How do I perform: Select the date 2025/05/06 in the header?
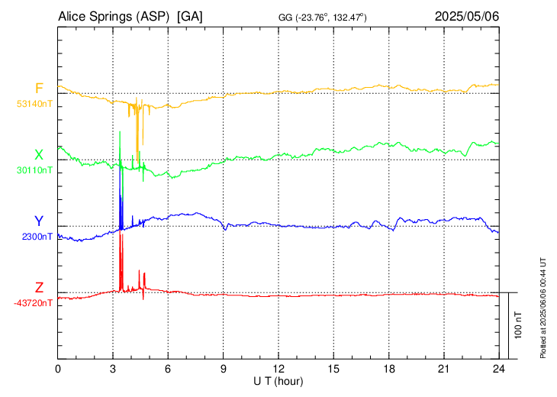[467, 16]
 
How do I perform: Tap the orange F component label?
[39, 88]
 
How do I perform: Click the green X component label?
[39, 155]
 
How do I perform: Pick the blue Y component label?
[39, 221]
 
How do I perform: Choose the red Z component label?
[39, 288]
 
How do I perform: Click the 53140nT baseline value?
[34, 104]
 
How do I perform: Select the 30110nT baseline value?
[34, 171]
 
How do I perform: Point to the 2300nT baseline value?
[37, 237]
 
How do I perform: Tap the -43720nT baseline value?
[33, 303]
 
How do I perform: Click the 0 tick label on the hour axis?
[58, 369]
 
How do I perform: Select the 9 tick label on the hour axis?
[224, 369]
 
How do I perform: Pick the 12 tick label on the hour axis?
[278, 369]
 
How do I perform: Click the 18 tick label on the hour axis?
[389, 369]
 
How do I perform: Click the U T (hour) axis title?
[279, 380]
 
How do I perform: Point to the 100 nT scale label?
[519, 325]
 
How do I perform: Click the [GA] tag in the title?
[190, 16]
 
